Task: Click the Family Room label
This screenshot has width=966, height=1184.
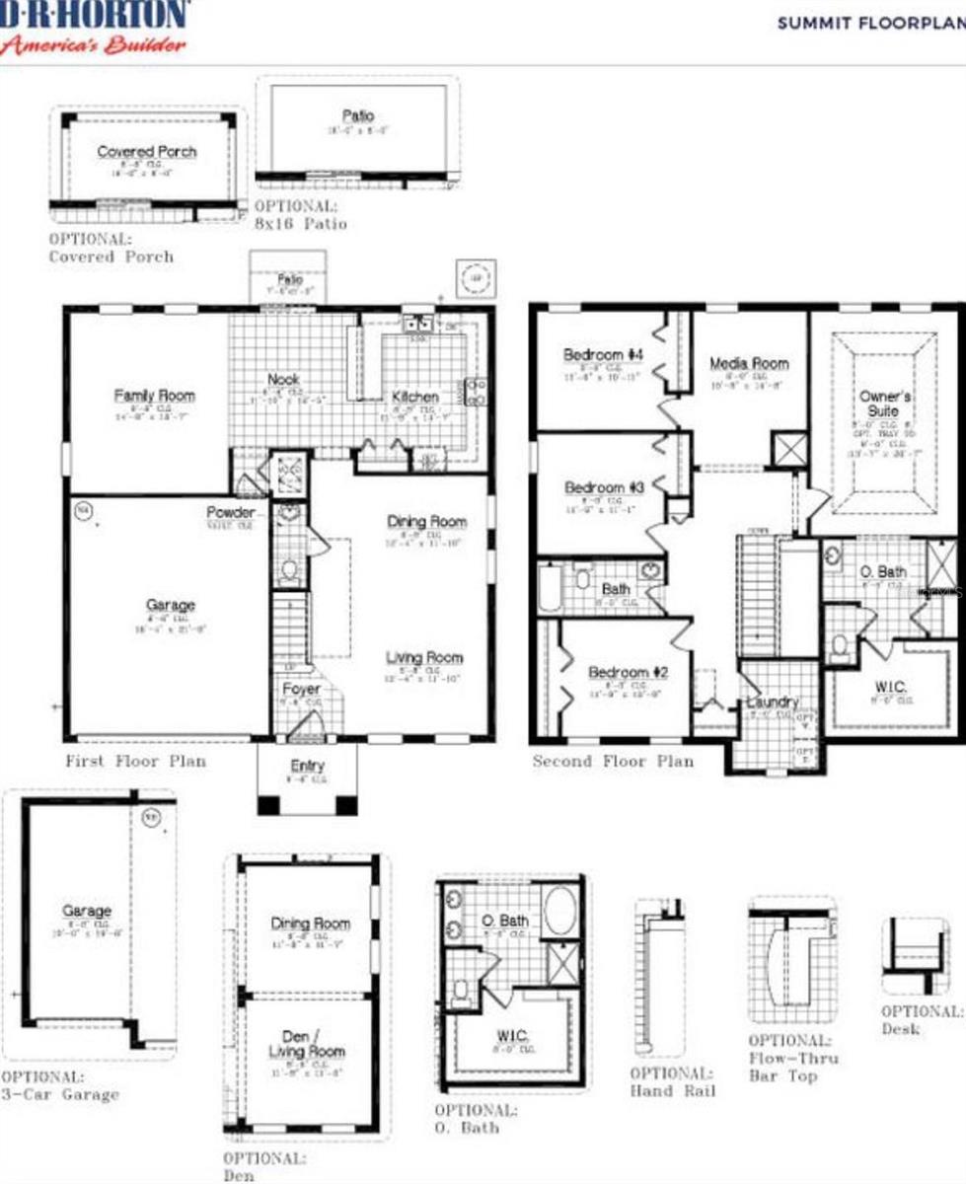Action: [154, 396]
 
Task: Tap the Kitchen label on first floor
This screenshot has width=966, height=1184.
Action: [415, 397]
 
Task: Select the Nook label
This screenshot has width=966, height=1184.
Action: [283, 379]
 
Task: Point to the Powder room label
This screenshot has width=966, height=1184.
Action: [231, 513]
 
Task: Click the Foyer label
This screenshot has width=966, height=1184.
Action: [301, 689]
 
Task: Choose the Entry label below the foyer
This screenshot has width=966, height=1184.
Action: [308, 766]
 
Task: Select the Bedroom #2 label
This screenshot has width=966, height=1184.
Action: [628, 673]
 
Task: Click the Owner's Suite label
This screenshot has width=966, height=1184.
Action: [883, 403]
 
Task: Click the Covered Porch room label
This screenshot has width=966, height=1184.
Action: [147, 152]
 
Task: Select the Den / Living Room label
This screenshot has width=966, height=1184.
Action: [308, 1044]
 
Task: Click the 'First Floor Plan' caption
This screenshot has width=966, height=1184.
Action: [136, 761]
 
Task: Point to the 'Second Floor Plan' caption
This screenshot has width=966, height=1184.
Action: [613, 761]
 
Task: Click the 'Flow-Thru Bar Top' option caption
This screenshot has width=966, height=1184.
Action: [791, 1058]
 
